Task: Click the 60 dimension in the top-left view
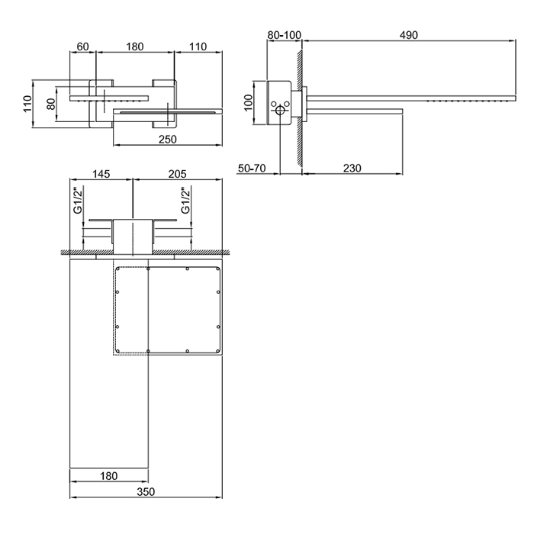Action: [x=82, y=47]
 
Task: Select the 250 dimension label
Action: [x=168, y=140]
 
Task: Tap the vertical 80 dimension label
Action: [x=51, y=104]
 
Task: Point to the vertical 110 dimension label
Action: [x=27, y=104]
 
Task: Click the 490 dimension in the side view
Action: [x=409, y=35]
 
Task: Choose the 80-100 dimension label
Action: [x=284, y=35]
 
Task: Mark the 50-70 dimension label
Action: [x=252, y=168]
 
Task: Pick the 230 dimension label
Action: [x=352, y=168]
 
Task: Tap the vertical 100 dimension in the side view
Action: [x=249, y=102]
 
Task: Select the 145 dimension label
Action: [x=101, y=174]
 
